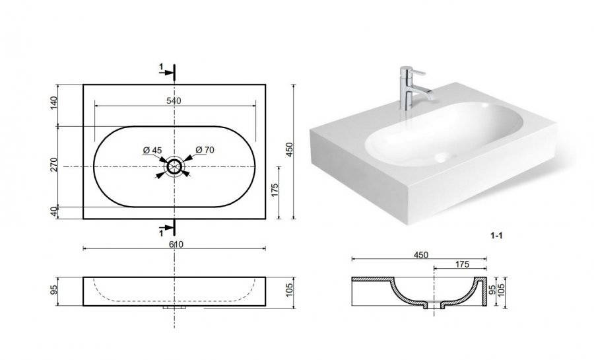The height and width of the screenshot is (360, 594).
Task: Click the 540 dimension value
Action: pyautogui.click(x=174, y=101)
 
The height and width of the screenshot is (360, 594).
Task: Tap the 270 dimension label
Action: pyautogui.click(x=53, y=164)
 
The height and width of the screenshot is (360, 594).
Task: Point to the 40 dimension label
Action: pyautogui.click(x=53, y=212)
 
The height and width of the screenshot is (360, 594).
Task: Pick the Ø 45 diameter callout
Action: pyautogui.click(x=152, y=150)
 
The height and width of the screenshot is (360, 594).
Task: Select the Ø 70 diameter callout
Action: pyautogui.click(x=205, y=150)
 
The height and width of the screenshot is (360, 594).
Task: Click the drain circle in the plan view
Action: pyautogui.click(x=174, y=166)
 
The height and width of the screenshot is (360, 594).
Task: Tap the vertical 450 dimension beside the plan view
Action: pyautogui.click(x=289, y=150)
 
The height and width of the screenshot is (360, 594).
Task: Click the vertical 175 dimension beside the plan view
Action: pyautogui.click(x=275, y=190)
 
